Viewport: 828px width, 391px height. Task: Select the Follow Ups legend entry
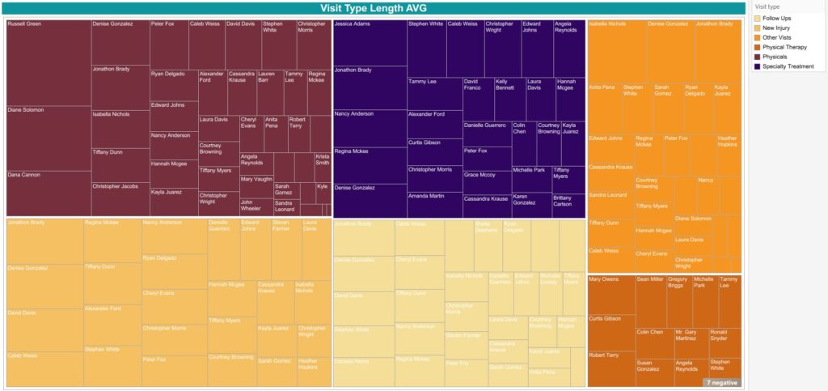775,18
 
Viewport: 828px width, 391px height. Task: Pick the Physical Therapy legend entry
781,47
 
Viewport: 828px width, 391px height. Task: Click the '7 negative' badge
722,382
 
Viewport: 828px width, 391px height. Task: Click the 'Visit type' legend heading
767,6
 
